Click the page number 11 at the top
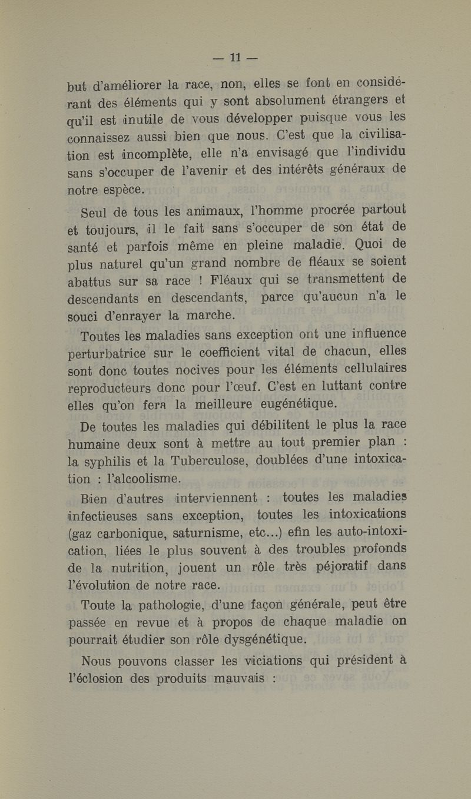click(235, 58)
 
